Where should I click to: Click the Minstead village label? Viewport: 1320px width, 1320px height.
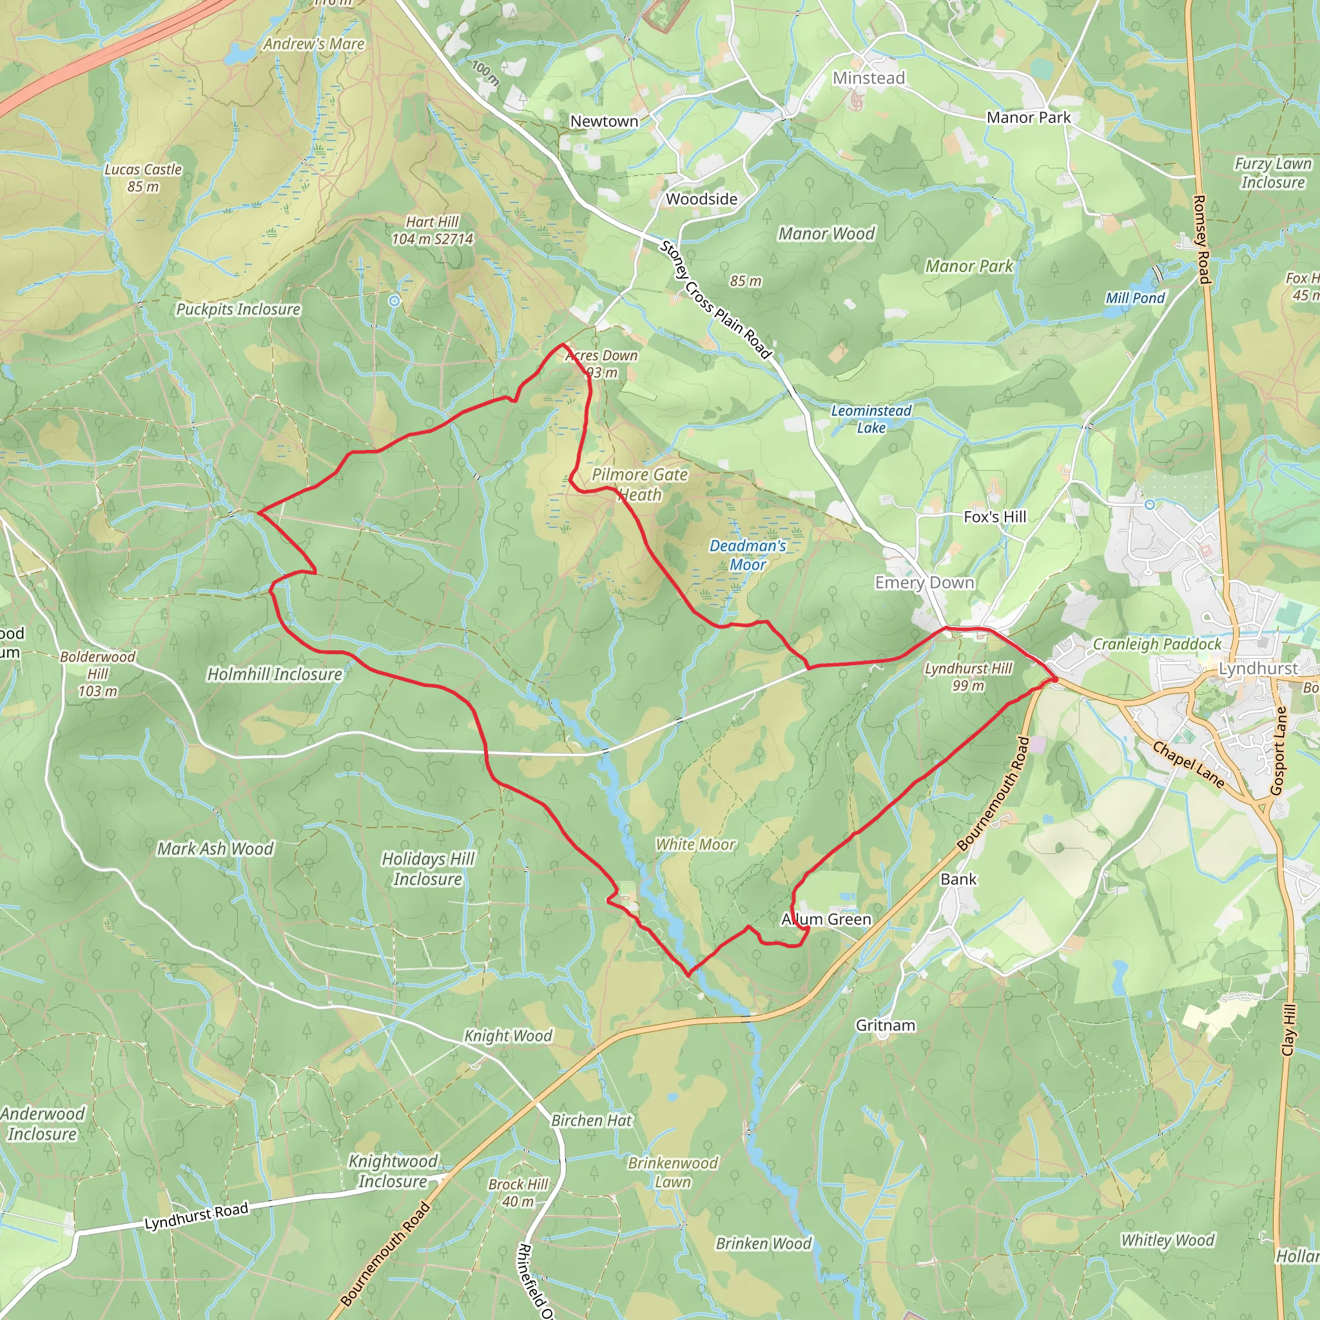click(x=868, y=79)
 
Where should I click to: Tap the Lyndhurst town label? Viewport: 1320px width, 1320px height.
click(x=1258, y=668)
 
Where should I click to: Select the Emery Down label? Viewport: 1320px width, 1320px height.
click(x=924, y=583)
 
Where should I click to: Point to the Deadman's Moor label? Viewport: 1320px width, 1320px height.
click(x=748, y=555)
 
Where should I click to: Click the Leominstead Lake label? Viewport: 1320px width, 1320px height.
click(x=871, y=419)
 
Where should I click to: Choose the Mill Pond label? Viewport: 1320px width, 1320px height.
click(x=1135, y=298)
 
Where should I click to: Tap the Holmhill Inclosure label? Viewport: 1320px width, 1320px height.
click(x=275, y=674)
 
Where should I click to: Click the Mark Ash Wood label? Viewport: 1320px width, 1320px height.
click(x=215, y=849)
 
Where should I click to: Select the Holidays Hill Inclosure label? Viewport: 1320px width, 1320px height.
click(x=428, y=868)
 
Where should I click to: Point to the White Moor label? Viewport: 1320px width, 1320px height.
click(x=695, y=844)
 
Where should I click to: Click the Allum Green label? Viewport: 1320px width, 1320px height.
click(x=827, y=920)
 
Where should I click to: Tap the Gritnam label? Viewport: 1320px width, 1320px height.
click(x=886, y=1025)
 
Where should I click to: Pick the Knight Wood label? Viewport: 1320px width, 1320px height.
click(x=509, y=1036)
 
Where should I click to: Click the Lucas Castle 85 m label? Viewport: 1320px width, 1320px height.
click(x=143, y=178)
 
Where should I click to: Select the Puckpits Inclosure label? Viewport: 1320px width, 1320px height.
click(x=238, y=309)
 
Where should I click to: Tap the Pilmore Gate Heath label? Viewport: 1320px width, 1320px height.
click(x=639, y=485)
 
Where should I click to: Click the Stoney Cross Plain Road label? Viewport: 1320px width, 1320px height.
click(x=715, y=300)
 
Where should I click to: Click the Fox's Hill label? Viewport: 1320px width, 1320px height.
click(x=995, y=517)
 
